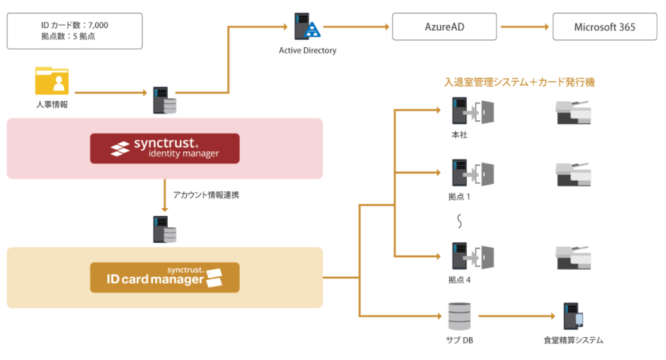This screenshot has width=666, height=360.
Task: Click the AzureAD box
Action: pyautogui.click(x=445, y=27)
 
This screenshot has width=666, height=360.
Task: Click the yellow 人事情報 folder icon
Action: pyautogui.click(x=52, y=82)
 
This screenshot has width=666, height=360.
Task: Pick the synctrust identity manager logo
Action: pyautogui.click(x=164, y=149)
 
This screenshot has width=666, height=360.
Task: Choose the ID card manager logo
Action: pyautogui.click(x=164, y=278)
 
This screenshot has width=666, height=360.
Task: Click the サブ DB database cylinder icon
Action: pyautogui.click(x=459, y=316)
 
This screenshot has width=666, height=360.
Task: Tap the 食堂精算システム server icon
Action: pyautogui.click(x=573, y=316)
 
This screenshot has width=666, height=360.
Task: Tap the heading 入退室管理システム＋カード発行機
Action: pyautogui.click(x=519, y=82)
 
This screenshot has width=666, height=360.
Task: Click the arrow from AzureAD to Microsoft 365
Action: pyautogui.click(x=525, y=27)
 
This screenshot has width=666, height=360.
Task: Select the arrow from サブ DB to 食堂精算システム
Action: pyautogui.click(x=517, y=316)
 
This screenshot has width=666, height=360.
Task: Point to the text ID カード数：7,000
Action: pyautogui.click(x=74, y=25)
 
